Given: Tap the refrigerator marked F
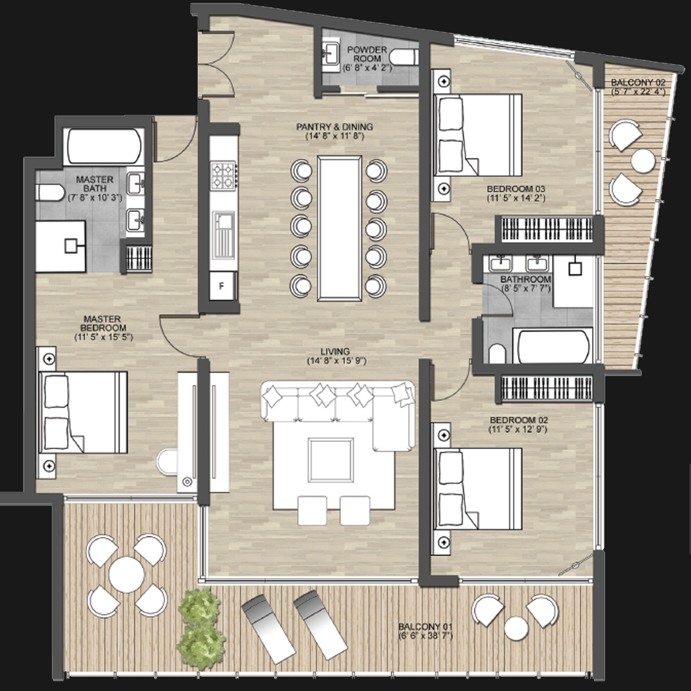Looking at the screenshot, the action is tap(223, 286).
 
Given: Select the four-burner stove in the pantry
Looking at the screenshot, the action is tap(223, 175).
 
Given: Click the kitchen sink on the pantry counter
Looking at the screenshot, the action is tap(223, 235).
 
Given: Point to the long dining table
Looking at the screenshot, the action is tap(339, 228).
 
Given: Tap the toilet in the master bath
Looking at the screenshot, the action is tap(49, 192).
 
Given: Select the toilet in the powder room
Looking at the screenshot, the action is tap(404, 57).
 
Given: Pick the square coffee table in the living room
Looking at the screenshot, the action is tap(331, 459).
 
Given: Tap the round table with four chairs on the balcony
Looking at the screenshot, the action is tap(127, 575).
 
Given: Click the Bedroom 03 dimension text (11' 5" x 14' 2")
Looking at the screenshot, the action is tap(516, 198).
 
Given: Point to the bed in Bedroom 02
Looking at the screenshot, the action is tap(478, 489).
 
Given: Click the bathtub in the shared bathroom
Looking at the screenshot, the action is tap(552, 347).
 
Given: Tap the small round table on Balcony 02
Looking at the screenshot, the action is tap(643, 161).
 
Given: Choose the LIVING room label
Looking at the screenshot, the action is tap(335, 351).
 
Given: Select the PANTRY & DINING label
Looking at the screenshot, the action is tap(334, 127).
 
